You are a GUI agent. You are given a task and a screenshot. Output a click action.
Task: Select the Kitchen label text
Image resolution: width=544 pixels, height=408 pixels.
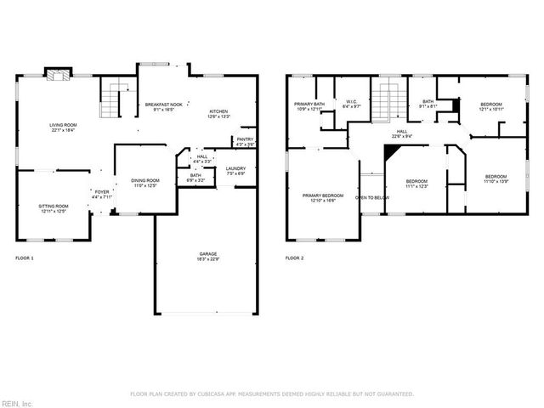point(219,114)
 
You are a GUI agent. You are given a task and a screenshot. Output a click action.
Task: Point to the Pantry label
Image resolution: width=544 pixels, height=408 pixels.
point(245,141)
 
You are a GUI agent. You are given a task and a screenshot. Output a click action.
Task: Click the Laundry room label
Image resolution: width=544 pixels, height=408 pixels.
point(235,171)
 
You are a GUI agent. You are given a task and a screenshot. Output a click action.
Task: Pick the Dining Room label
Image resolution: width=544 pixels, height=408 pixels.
point(144,183)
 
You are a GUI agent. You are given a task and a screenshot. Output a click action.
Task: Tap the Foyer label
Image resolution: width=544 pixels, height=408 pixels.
point(102,195)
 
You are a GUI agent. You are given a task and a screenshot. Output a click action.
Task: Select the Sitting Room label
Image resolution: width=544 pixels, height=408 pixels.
point(53,208)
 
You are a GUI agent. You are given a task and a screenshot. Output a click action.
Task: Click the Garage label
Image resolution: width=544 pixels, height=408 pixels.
point(208,256)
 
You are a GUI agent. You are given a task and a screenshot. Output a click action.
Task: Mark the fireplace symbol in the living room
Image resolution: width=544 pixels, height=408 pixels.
point(57,76)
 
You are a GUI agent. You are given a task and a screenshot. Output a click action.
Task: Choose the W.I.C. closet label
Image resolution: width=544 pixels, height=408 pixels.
point(352,106)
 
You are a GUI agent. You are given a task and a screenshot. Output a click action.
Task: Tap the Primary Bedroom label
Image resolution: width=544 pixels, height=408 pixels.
point(322,197)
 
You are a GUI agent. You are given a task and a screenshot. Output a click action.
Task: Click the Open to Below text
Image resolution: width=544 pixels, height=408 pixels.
point(372,197)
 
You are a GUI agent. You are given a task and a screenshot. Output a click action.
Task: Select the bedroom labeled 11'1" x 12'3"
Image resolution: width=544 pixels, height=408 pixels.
point(416,184)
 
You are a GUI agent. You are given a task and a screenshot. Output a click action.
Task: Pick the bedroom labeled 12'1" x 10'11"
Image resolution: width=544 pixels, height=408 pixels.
point(491,106)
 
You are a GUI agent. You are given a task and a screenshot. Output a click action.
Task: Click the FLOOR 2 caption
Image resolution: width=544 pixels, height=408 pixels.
point(294,257)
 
